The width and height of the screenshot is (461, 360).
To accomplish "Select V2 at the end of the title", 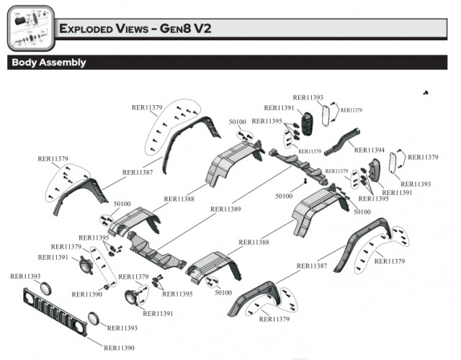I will (x=209, y=30).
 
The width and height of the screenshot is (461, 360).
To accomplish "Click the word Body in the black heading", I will (x=24, y=63).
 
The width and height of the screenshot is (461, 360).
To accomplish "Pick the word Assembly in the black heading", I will (x=63, y=63).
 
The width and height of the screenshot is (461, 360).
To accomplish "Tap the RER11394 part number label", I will (x=370, y=150).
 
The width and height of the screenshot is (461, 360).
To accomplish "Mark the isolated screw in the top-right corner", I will (x=426, y=94).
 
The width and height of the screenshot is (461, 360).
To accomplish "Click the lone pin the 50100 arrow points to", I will (x=305, y=181).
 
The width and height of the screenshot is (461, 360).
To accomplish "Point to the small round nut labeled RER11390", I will (x=107, y=287).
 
